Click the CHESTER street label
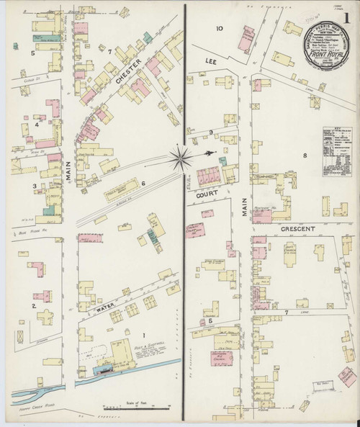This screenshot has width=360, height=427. (x=129, y=81)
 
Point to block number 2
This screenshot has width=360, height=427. (x=33, y=305)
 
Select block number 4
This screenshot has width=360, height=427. (x=35, y=124)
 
